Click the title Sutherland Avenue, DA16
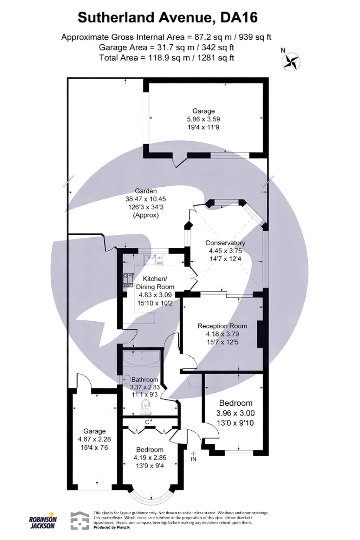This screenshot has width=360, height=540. point(167,18)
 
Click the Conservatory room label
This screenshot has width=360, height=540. point(225,243)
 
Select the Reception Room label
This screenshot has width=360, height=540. point(222,326)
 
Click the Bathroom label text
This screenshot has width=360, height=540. point(144,380)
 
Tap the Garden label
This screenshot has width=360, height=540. point(146,191)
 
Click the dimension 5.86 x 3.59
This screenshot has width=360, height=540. point(204,119)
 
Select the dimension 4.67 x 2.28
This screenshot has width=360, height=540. point(94,439)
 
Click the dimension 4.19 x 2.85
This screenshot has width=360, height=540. point(150,458)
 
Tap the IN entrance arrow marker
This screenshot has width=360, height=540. point(193,457)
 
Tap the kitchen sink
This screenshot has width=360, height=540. point(154,260)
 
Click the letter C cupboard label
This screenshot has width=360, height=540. point(147,422)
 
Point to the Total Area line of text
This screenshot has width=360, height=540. point(167,58)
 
